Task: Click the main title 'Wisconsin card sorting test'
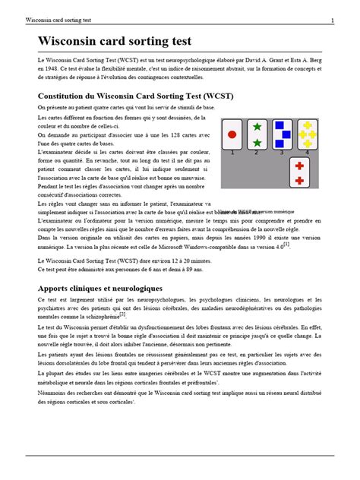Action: tap(115, 41)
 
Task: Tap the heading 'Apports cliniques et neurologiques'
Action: tap(99, 289)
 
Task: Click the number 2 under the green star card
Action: tap(257, 153)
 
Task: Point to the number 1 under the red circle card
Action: tap(232, 153)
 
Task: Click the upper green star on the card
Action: tap(257, 126)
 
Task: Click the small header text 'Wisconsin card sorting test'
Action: tap(60, 20)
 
